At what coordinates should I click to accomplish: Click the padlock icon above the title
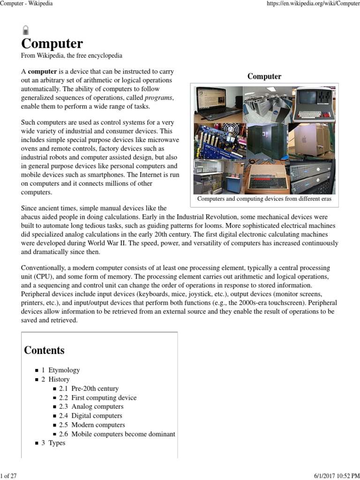coord(25,30)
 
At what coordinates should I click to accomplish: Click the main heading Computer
coord(52,44)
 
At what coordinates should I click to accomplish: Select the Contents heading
coord(44,350)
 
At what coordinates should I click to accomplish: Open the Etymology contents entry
coord(64,370)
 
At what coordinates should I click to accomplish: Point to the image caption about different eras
coord(264,199)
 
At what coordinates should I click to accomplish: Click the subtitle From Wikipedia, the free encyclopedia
coord(72,56)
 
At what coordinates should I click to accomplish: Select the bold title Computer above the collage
coord(264,76)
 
